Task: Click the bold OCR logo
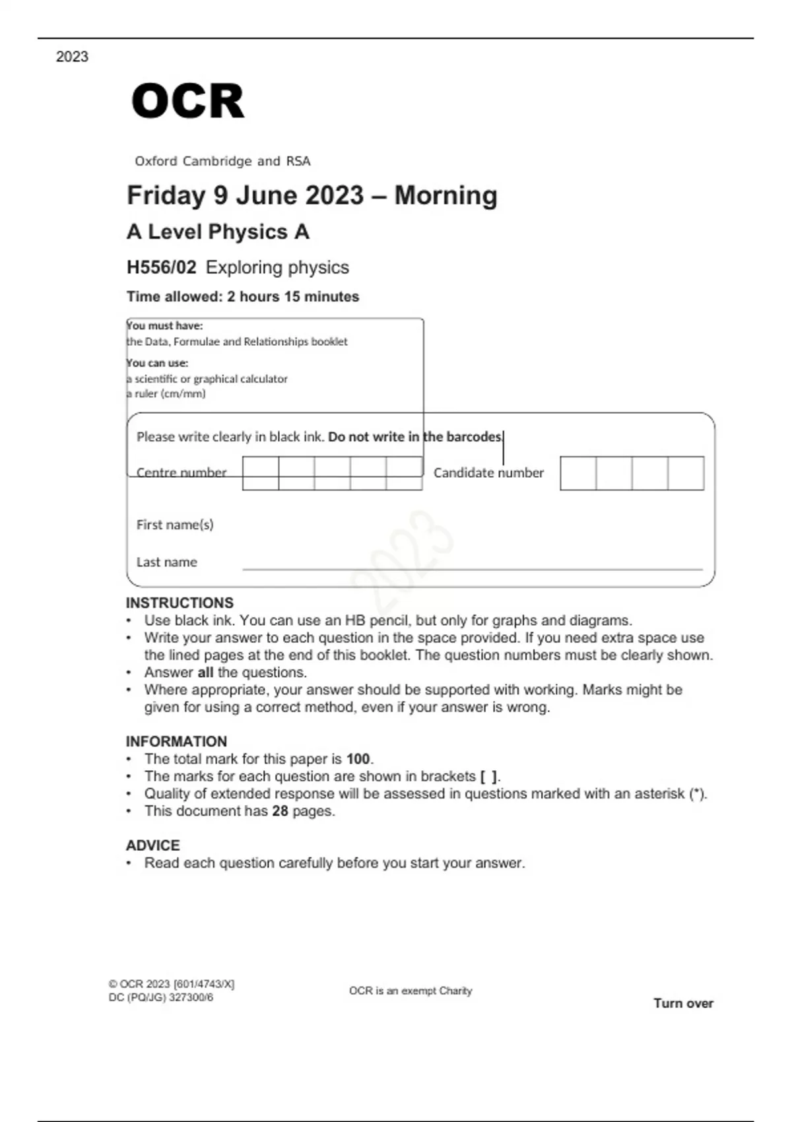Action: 188,101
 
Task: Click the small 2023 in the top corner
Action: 72,57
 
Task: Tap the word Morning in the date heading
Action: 445,195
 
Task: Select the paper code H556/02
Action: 162,267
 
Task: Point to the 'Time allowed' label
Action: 174,296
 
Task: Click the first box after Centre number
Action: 261,473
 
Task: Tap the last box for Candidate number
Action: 686,473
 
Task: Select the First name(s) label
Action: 175,525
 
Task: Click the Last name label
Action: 167,562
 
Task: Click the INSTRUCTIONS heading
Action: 180,603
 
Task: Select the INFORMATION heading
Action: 176,741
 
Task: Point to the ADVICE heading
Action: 153,845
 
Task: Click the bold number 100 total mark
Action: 358,759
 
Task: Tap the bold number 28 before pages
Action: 280,811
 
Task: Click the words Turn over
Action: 683,1003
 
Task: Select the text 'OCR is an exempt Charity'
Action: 411,991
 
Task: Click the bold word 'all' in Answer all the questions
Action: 205,673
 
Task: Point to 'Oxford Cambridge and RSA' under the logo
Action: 222,161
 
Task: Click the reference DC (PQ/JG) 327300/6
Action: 161,997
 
